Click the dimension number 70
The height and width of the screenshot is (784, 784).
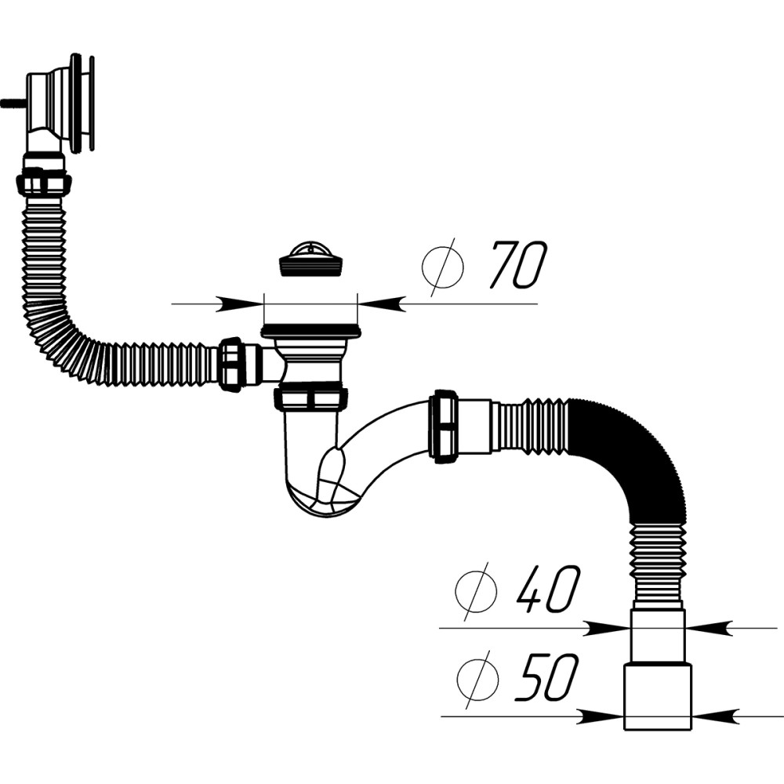(x=518, y=265)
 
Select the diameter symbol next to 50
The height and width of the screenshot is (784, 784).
(x=477, y=679)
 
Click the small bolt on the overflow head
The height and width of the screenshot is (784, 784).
(x=13, y=103)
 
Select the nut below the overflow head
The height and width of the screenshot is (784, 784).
(x=43, y=183)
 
